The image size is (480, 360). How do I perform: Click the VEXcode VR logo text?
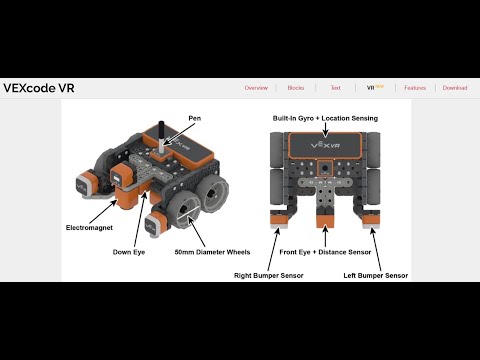tap(39, 88)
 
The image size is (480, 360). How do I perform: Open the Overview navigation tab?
tap(256, 88)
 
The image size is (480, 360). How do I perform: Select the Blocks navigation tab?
tap(296, 88)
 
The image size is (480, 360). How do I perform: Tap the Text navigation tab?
tap(335, 88)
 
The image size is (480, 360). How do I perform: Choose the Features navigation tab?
tap(415, 88)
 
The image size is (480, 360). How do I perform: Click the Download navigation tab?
tap(455, 88)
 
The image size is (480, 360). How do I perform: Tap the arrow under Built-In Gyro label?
tap(328, 126)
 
